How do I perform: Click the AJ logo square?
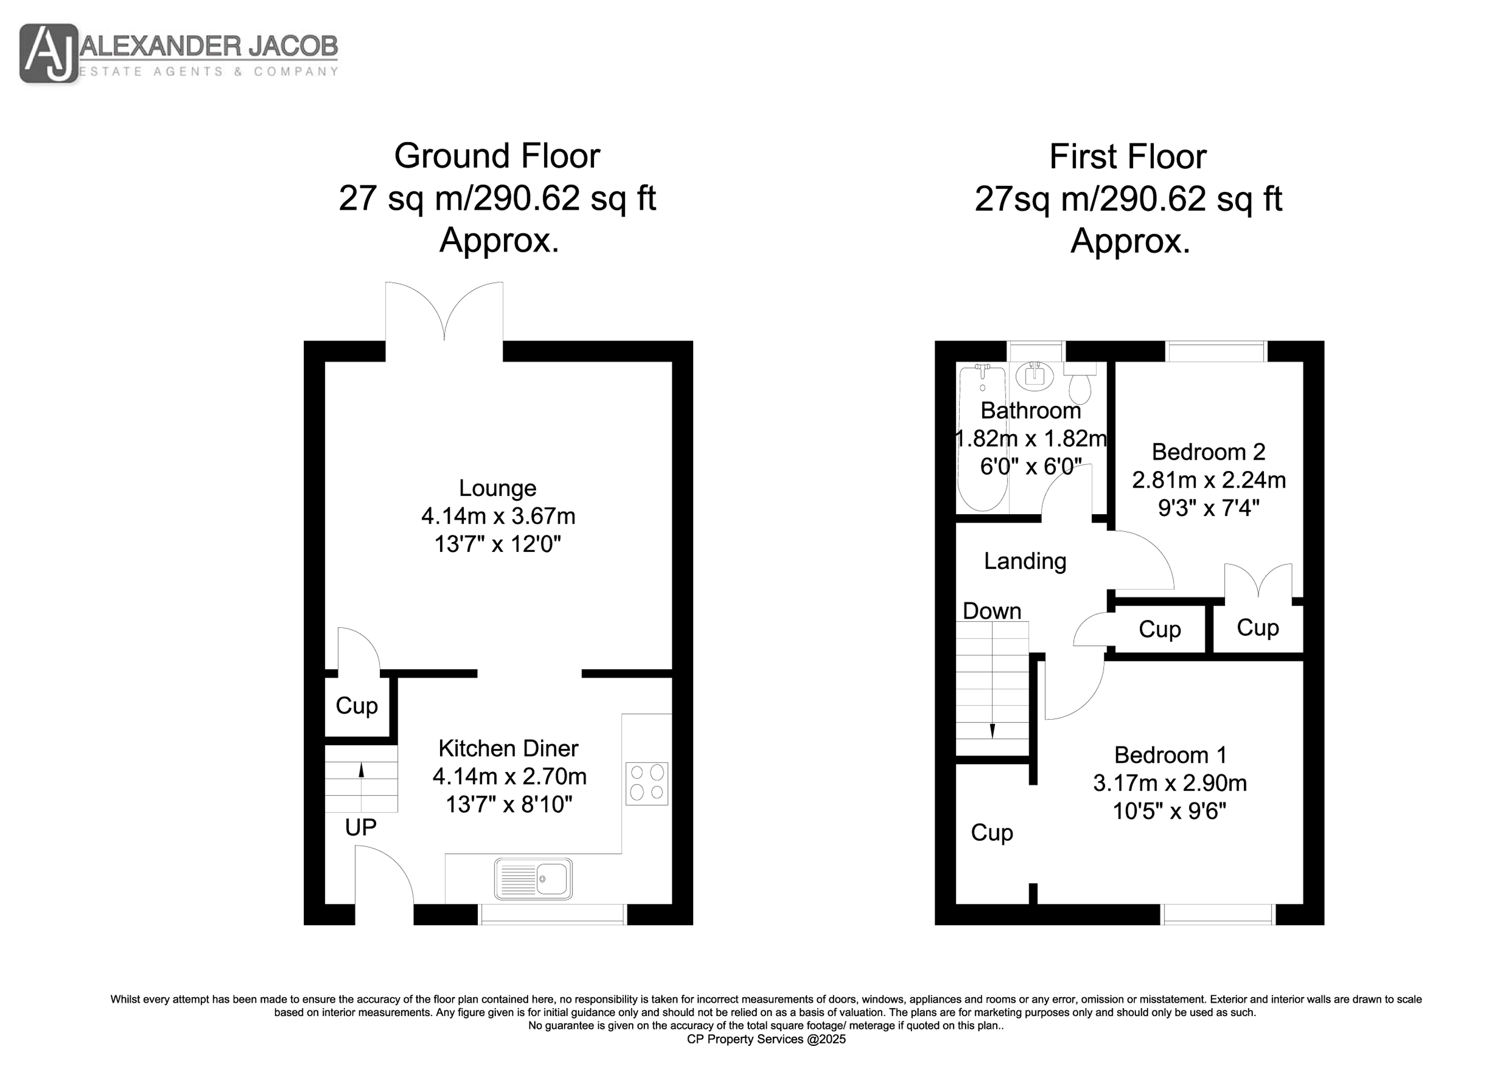(x=49, y=53)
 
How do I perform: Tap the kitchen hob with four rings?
(x=647, y=784)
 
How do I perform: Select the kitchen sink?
(x=533, y=879)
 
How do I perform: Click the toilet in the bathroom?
(x=1080, y=383)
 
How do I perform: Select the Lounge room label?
(x=497, y=488)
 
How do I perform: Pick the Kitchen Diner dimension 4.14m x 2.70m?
(x=510, y=777)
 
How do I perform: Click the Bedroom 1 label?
(x=1170, y=755)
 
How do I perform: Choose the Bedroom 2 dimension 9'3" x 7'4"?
(x=1209, y=508)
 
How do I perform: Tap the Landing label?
(x=1025, y=561)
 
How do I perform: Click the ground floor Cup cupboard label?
(x=357, y=706)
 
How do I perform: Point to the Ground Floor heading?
(x=497, y=156)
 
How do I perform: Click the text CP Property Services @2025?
(x=767, y=1039)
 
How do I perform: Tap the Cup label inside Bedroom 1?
(x=992, y=833)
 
